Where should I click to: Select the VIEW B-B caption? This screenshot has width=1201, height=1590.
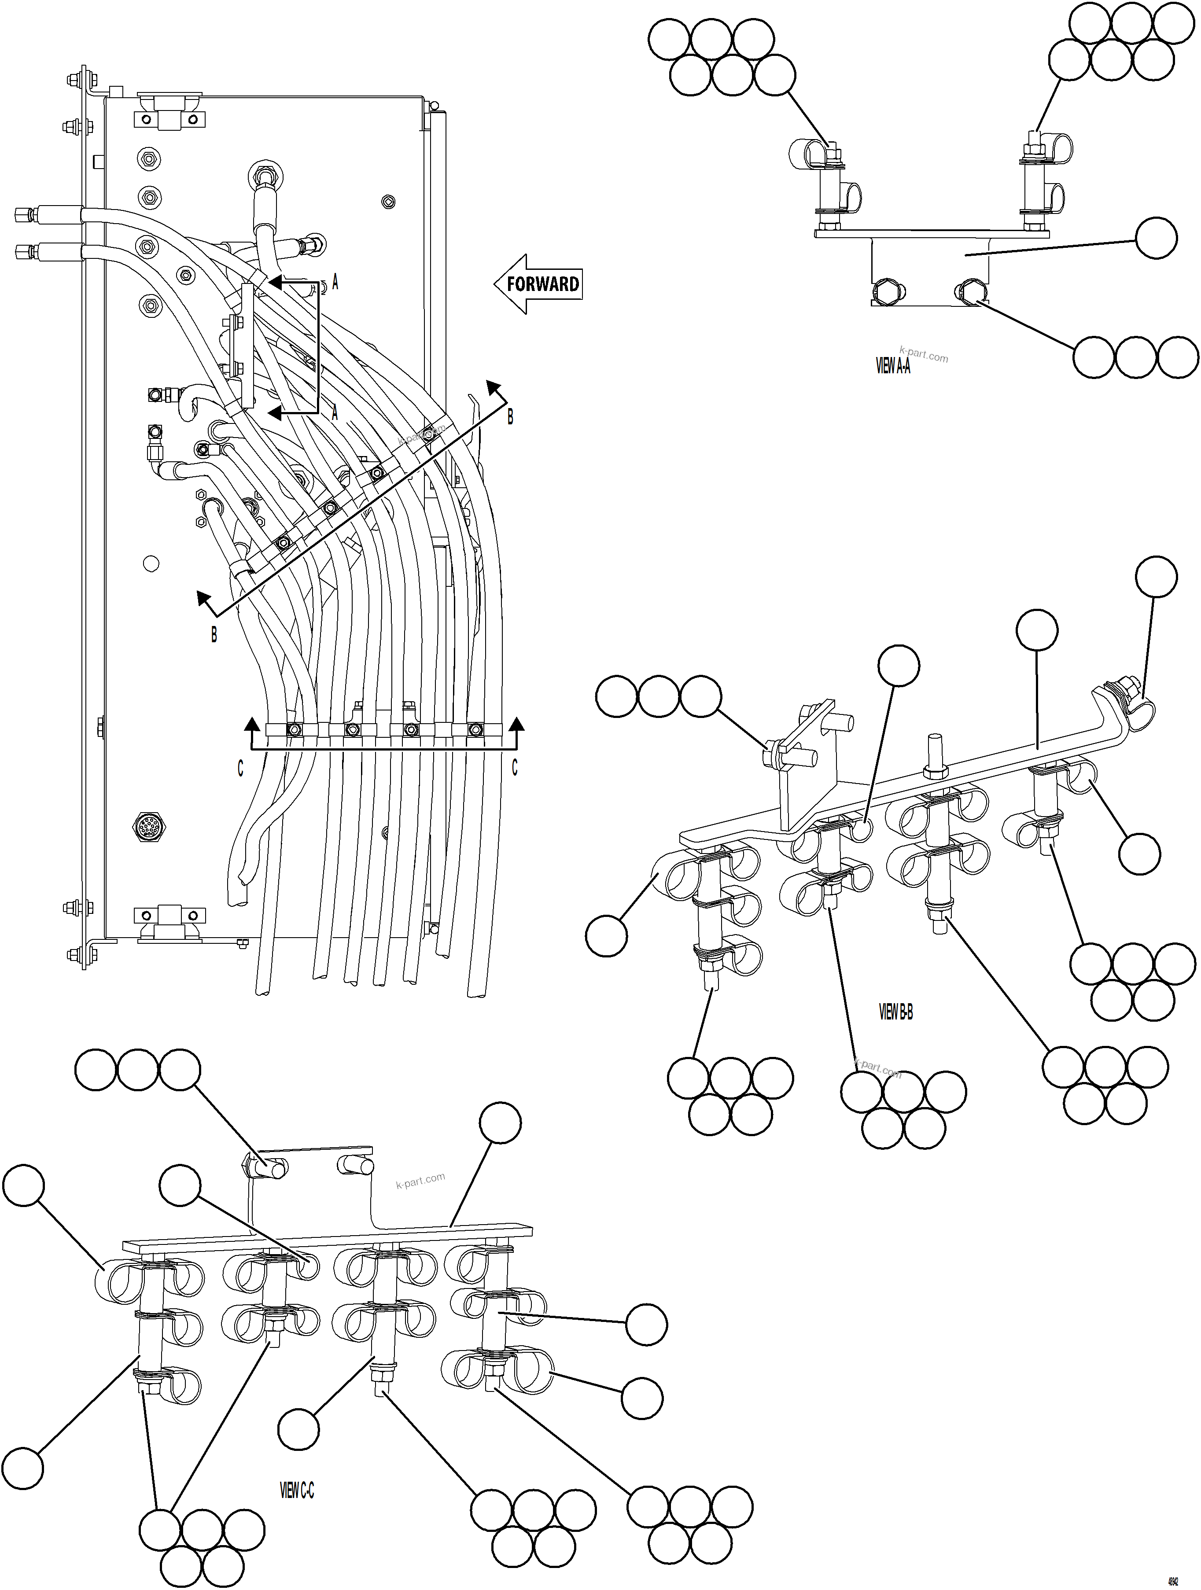[895, 1012]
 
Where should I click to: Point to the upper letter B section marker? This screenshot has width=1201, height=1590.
[510, 416]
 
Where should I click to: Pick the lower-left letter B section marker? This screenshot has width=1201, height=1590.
[214, 635]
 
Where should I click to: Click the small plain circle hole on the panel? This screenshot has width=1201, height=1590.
[151, 563]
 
